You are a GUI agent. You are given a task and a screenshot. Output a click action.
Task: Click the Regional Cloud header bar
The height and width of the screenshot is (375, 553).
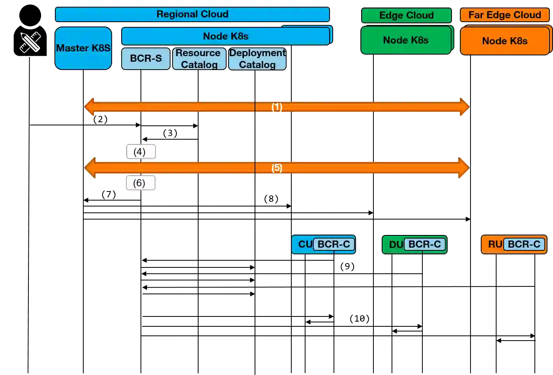192,14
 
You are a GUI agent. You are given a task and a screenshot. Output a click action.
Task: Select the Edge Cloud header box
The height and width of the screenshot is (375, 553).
406,15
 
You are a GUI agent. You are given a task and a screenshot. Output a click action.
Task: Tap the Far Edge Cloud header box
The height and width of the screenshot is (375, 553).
504,15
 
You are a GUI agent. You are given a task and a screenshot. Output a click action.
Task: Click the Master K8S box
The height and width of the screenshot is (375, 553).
83,48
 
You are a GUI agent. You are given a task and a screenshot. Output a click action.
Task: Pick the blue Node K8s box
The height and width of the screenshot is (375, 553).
225,36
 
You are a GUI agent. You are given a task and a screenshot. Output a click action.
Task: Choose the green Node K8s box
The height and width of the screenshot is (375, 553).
406,40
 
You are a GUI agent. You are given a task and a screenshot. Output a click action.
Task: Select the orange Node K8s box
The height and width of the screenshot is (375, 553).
504,41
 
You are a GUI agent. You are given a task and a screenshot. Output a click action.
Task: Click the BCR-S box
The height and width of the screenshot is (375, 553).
146,59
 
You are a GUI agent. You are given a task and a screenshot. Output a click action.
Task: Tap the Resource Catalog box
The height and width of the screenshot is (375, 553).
199,59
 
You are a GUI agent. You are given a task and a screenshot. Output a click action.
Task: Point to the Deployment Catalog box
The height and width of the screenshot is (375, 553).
257,59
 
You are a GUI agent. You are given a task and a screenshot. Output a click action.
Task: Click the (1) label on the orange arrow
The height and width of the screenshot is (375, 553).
277,107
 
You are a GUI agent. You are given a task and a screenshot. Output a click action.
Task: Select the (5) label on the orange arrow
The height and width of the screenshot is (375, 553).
277,168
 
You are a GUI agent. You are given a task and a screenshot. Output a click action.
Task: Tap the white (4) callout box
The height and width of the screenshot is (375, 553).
140,152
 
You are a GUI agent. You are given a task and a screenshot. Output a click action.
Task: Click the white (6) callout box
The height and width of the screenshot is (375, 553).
139,183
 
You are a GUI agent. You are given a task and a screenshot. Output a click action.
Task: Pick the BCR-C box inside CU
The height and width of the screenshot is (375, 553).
334,244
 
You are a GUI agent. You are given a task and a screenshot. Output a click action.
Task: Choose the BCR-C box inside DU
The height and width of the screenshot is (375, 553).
424,244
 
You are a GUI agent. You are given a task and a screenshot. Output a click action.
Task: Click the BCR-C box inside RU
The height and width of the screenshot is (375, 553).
524,244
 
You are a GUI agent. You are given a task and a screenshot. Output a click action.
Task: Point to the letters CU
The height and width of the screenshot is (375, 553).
305,244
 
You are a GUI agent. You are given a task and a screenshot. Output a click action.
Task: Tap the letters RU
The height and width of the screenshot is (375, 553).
495,244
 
